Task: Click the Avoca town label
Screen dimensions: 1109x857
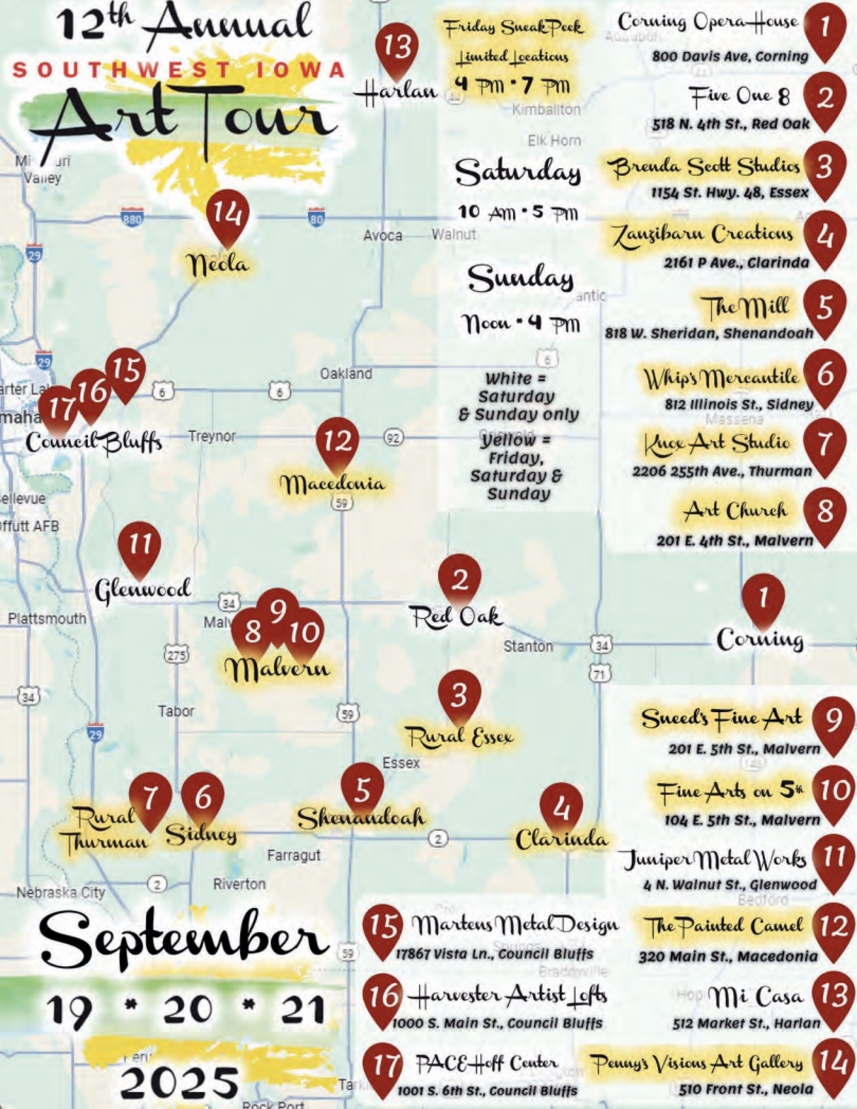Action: pyautogui.click(x=383, y=236)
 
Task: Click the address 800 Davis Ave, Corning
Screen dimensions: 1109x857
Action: pyautogui.click(x=730, y=56)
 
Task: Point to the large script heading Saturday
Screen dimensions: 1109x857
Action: pyautogui.click(x=518, y=173)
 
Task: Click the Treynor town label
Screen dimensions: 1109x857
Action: pyautogui.click(x=212, y=436)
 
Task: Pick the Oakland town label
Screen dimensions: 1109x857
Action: pyautogui.click(x=346, y=374)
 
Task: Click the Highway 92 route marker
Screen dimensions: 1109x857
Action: pyautogui.click(x=394, y=437)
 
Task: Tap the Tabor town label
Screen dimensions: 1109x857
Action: pyautogui.click(x=176, y=711)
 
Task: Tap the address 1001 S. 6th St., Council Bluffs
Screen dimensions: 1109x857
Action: pyautogui.click(x=487, y=1091)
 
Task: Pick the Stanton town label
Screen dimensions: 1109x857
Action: pyautogui.click(x=528, y=646)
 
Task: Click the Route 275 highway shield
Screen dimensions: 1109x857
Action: pyautogui.click(x=176, y=654)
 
